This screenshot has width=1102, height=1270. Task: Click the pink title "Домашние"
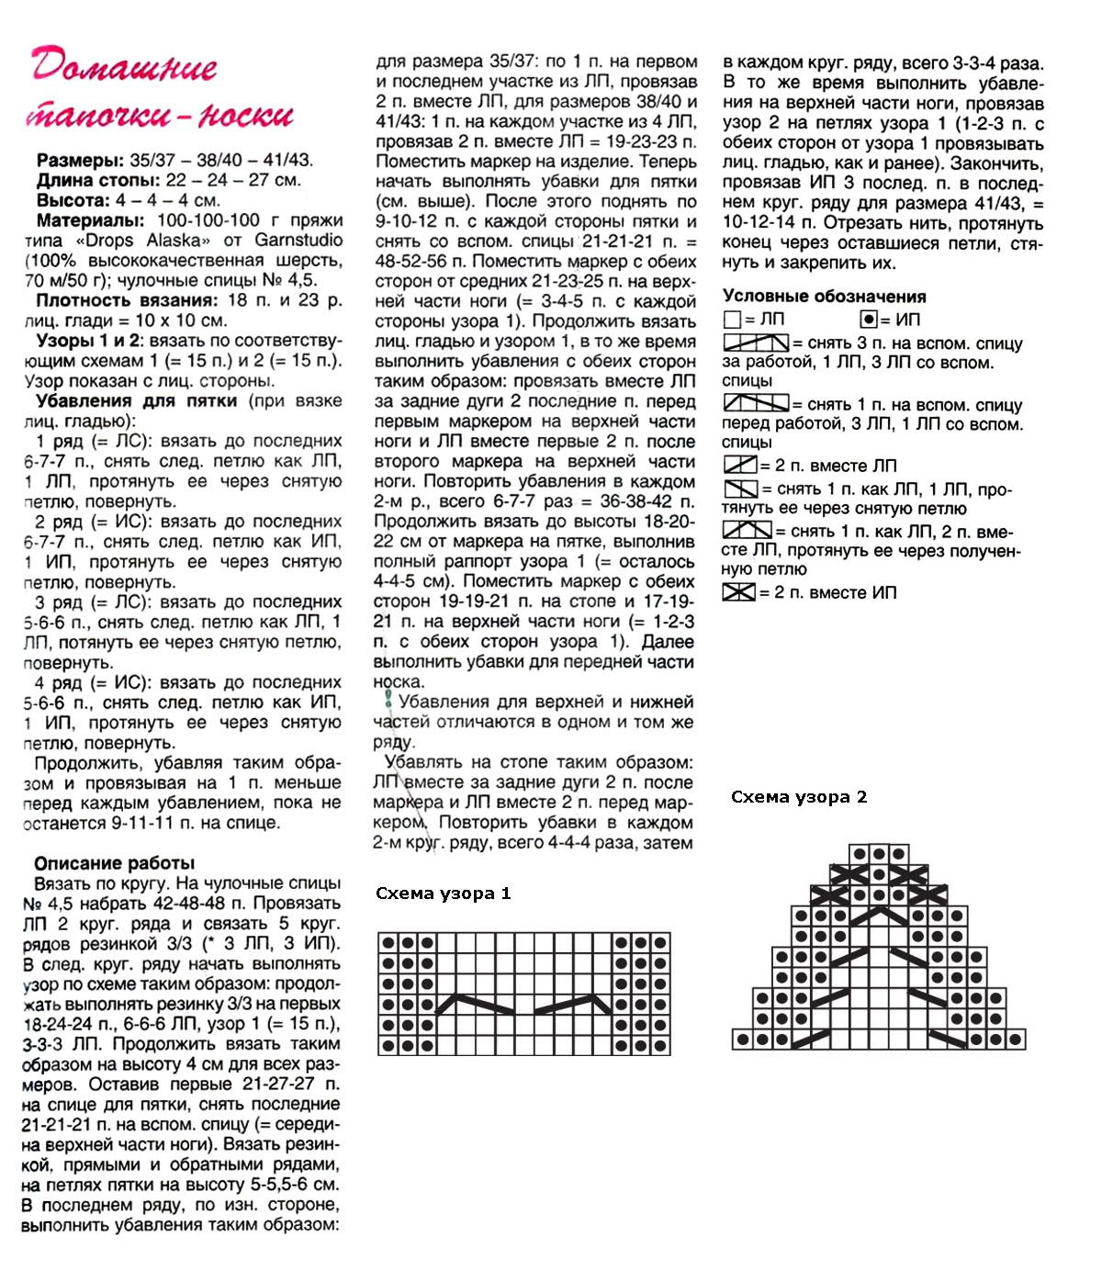[x=124, y=66]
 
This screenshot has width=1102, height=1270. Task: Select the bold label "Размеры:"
[x=80, y=160]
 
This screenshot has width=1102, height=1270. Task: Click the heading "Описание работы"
[x=115, y=863]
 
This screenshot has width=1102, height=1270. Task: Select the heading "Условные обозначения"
[x=824, y=296]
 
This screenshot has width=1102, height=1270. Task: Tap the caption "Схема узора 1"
[x=444, y=893]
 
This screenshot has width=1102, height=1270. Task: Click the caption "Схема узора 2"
[x=799, y=796]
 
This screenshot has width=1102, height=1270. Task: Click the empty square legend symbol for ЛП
[x=732, y=320]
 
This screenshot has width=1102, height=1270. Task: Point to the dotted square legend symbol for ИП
[x=868, y=320]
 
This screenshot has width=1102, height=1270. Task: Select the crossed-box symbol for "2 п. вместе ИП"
[x=738, y=592]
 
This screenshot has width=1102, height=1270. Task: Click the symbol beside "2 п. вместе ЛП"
[x=739, y=465]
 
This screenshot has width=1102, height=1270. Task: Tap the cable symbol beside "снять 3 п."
[x=756, y=343]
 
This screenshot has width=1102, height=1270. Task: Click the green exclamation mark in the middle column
[x=388, y=701]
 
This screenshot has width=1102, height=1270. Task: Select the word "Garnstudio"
[x=298, y=241]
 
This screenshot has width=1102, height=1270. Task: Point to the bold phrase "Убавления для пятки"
[x=137, y=401]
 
